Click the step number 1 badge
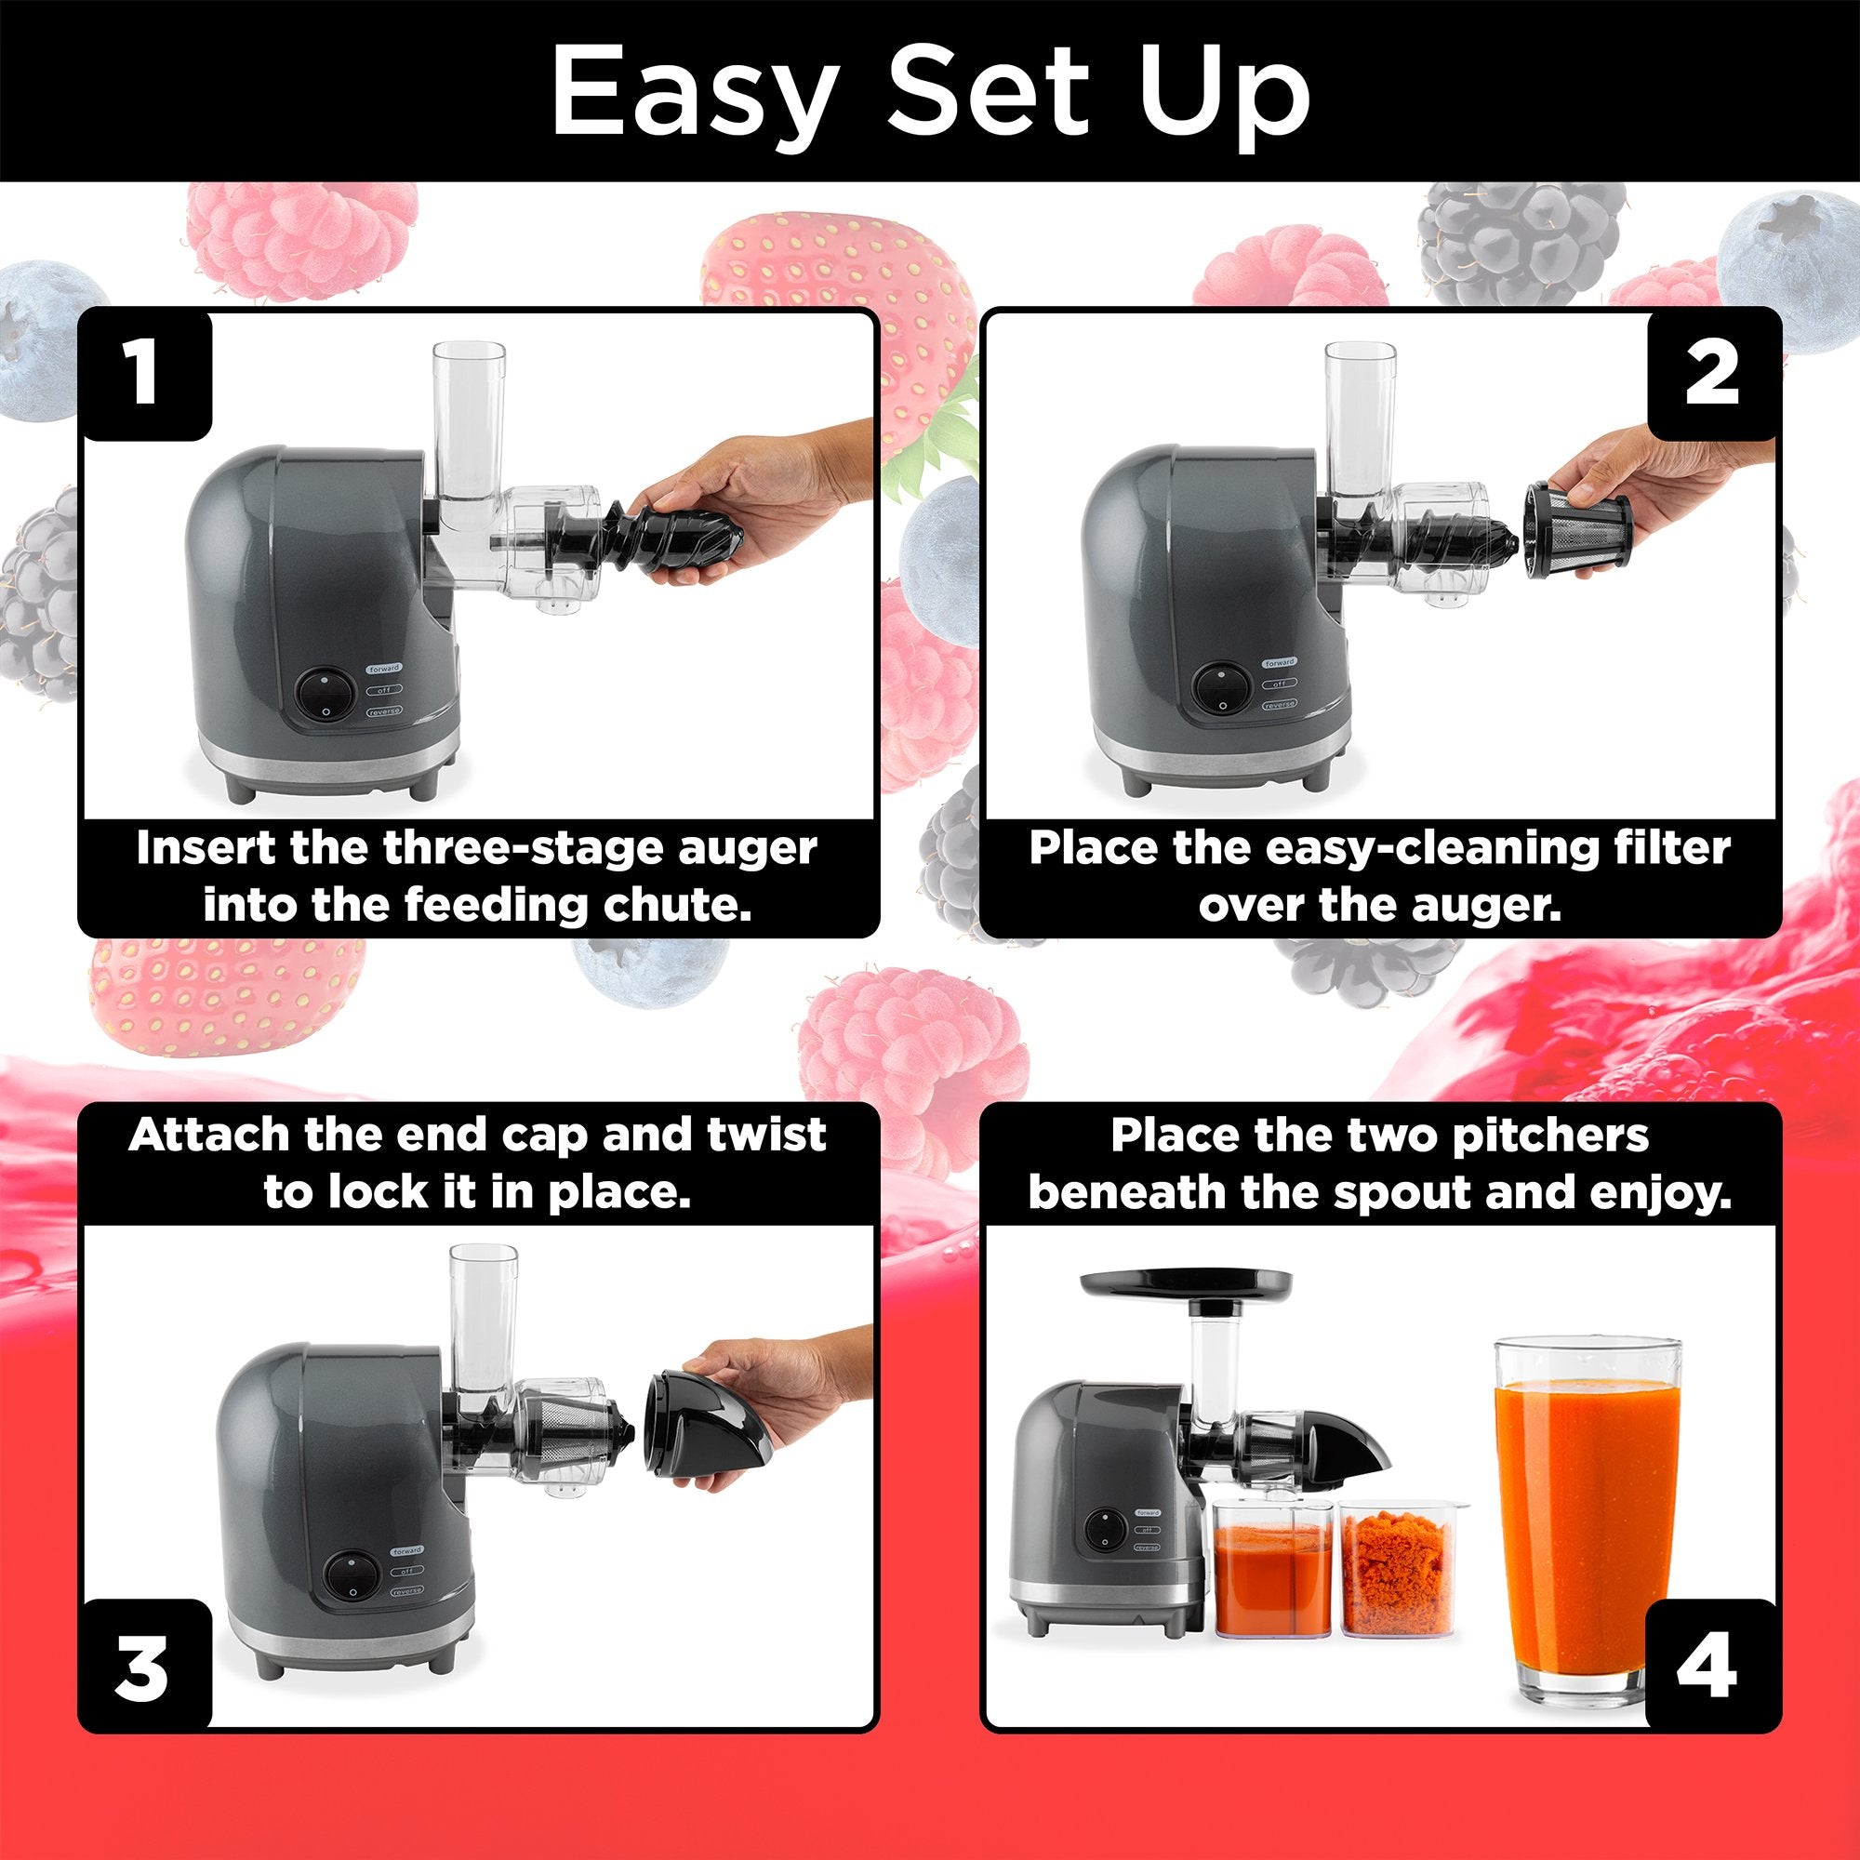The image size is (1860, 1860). pyautogui.click(x=144, y=376)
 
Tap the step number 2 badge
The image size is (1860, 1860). pyautogui.click(x=1714, y=376)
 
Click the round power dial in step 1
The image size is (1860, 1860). pyautogui.click(x=326, y=695)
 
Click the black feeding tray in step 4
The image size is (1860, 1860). pyautogui.click(x=1185, y=1282)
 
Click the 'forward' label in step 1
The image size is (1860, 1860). pyautogui.click(x=383, y=667)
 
